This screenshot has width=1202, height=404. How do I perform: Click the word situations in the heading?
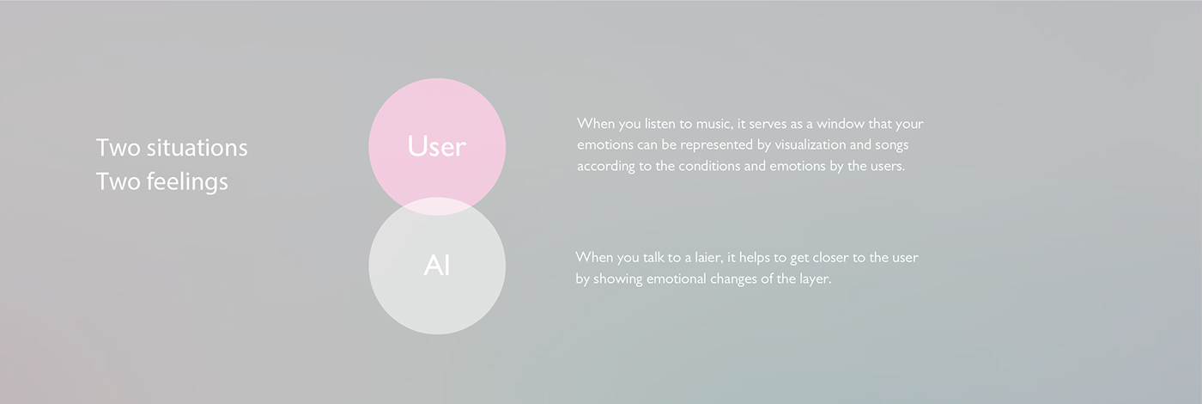pyautogui.click(x=197, y=148)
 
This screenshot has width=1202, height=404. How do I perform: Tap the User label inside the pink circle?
pyautogui.click(x=436, y=146)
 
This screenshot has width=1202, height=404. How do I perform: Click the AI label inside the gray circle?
pyautogui.click(x=437, y=266)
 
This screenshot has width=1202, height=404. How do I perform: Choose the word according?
pyautogui.click(x=606, y=167)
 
